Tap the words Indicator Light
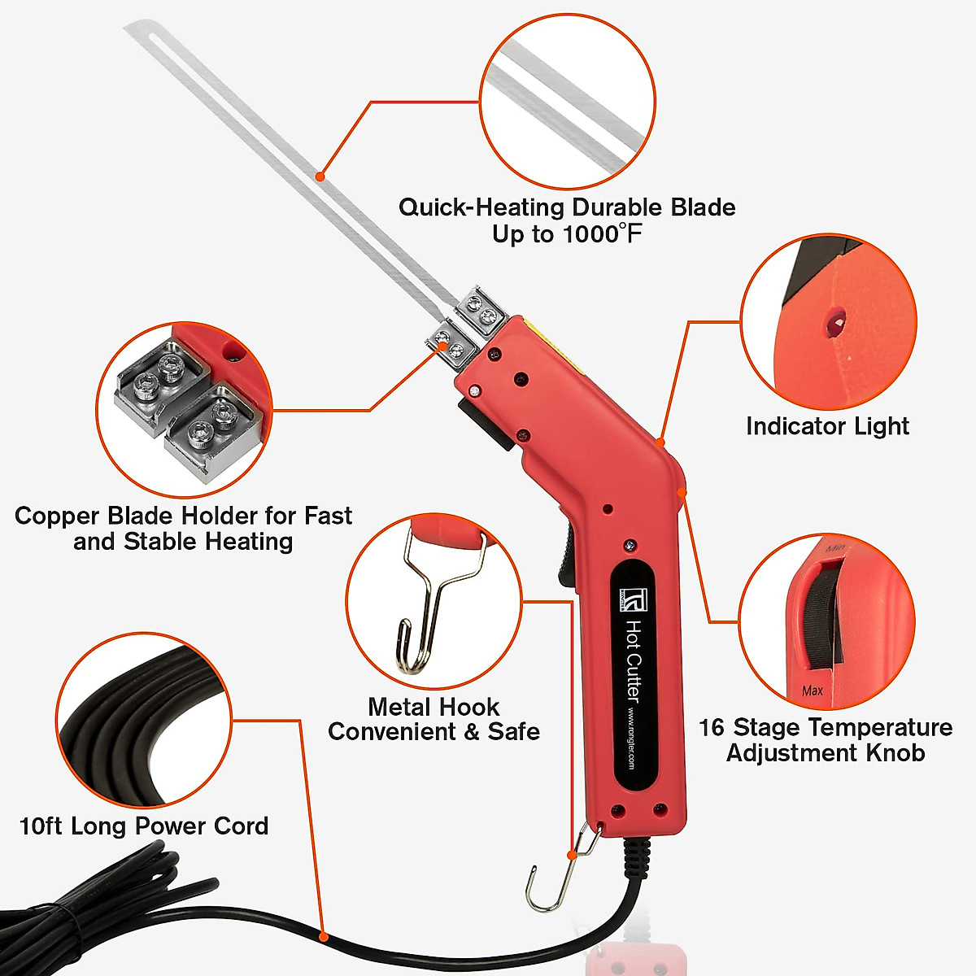point(827,426)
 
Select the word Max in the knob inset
point(813,691)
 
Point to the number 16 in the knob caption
point(712,727)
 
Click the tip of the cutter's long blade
point(130,28)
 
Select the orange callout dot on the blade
point(320,176)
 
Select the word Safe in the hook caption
point(513,732)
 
